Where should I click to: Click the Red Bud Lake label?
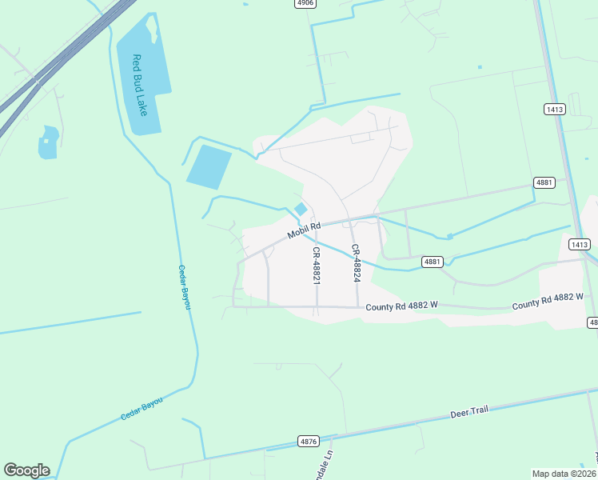point(140,85)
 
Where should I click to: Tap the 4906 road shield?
point(305,3)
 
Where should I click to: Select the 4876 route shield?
point(309,441)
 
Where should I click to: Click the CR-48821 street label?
point(317,263)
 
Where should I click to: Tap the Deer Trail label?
point(468,412)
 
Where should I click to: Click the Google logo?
point(26,470)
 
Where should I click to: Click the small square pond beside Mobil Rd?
point(301,210)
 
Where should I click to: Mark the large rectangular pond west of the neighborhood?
point(209,166)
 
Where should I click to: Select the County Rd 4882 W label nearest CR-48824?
point(403,307)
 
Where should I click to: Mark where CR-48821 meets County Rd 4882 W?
point(317,306)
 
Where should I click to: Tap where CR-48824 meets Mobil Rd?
point(349,218)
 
